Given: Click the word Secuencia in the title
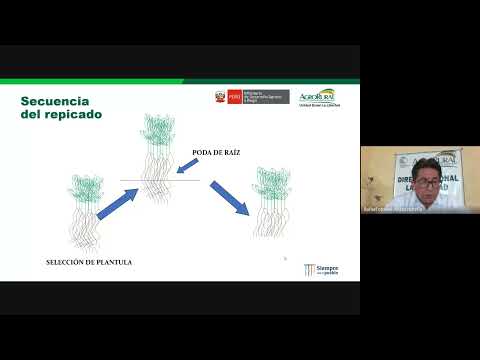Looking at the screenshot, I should click(x=56, y=102).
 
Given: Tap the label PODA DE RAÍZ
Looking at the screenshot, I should click(x=217, y=152).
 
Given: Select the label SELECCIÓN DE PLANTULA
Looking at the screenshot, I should click(x=89, y=262).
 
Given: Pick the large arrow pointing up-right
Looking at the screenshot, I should click(x=117, y=203).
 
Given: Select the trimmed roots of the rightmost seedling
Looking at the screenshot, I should click(x=272, y=220).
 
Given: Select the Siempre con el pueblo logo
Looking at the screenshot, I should click(x=320, y=271).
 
